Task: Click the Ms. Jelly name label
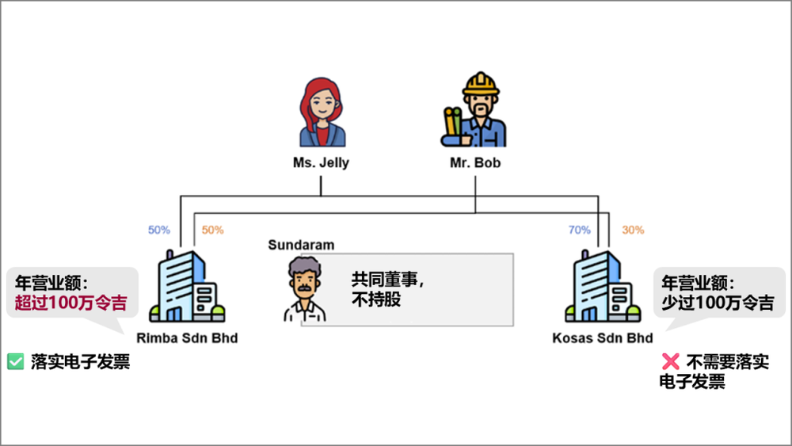pyautogui.click(x=321, y=162)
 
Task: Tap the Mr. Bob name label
pyautogui.click(x=475, y=162)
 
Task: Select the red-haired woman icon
pyautogui.click(x=322, y=112)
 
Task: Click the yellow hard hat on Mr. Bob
pyautogui.click(x=481, y=84)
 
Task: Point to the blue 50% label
pyautogui.click(x=159, y=230)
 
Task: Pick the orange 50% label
pyautogui.click(x=212, y=230)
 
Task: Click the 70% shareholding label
pyautogui.click(x=580, y=230)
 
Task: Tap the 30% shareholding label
pyautogui.click(x=633, y=230)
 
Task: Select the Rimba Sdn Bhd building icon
pyautogui.click(x=187, y=287)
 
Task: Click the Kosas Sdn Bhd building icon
pyautogui.click(x=603, y=287)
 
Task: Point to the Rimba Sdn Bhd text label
pyautogui.click(x=187, y=338)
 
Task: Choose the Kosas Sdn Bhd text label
pyautogui.click(x=603, y=338)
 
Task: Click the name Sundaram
pyautogui.click(x=301, y=245)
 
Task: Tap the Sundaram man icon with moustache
pyautogui.click(x=305, y=289)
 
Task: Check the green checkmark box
pyautogui.click(x=16, y=362)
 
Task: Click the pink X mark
pyautogui.click(x=671, y=362)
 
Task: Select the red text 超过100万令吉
pyautogui.click(x=70, y=303)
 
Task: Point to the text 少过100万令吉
pyautogui.click(x=718, y=303)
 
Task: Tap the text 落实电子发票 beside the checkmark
pyautogui.click(x=80, y=362)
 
